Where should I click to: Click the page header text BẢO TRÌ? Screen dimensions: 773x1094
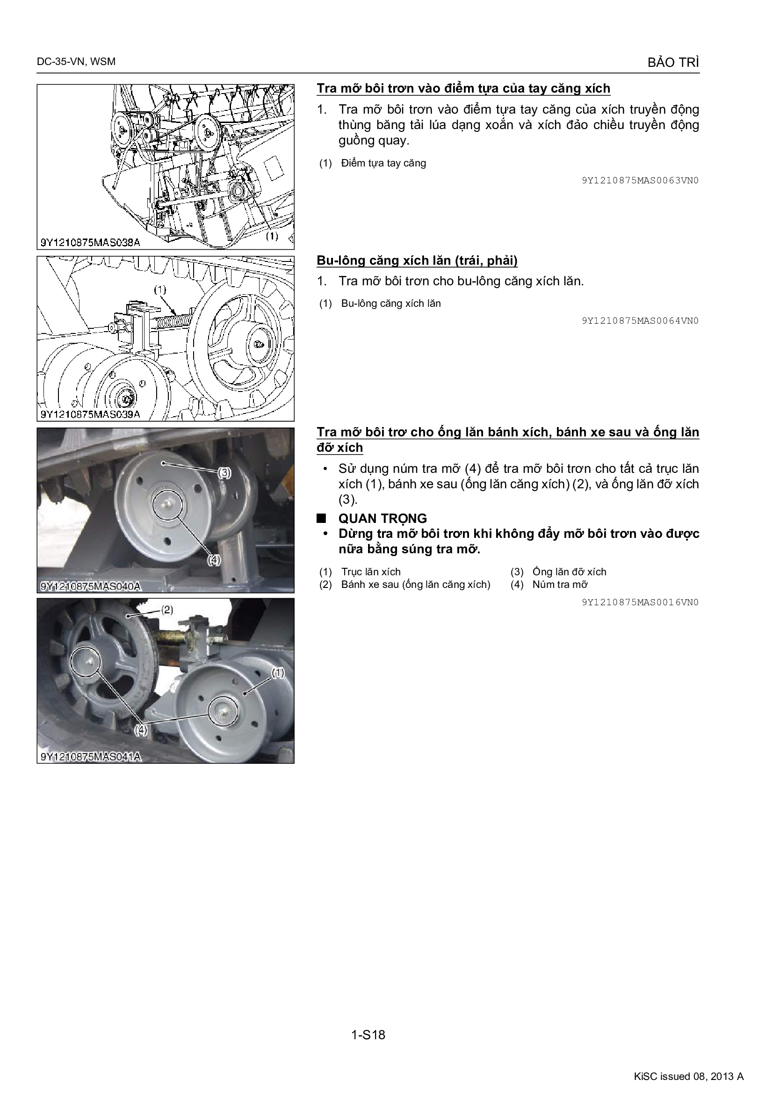673,62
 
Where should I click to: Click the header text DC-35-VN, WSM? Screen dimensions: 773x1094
76,61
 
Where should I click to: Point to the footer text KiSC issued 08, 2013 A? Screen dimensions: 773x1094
689,1076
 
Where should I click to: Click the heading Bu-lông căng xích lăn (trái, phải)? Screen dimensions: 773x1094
417,261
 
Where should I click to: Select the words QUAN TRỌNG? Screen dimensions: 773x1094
383,518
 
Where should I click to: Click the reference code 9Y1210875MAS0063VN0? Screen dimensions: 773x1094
640,181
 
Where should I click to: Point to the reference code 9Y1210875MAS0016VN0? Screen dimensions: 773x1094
640,602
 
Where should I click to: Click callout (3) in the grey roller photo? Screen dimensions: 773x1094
224,473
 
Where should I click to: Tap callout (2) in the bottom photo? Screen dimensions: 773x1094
166,610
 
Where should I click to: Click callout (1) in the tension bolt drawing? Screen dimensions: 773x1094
160,289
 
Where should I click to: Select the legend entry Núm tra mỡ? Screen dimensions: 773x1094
560,585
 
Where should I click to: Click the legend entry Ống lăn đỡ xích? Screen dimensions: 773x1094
570,572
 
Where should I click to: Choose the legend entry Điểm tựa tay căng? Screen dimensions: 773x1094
384,163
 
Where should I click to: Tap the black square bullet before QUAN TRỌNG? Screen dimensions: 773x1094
322,518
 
